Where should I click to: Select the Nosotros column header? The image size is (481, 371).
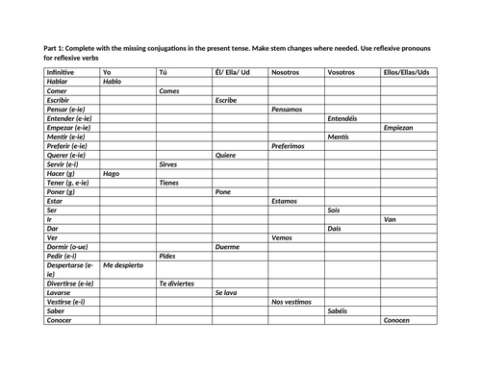286,72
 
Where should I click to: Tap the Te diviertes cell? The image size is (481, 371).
176,284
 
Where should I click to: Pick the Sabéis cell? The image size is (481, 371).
339,311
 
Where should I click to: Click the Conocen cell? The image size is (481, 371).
399,320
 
